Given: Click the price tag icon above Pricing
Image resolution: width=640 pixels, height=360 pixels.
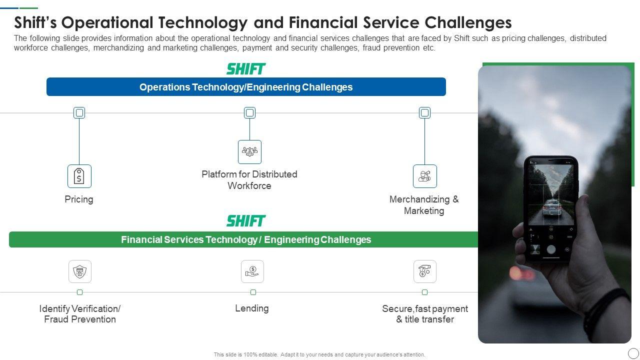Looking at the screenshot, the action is [x=79, y=176].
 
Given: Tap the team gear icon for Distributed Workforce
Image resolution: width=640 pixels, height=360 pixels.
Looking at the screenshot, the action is [x=249, y=151].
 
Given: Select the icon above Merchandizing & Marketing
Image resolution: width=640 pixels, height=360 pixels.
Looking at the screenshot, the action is [x=425, y=176].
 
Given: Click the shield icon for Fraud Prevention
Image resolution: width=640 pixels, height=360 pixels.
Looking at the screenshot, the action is [x=80, y=271].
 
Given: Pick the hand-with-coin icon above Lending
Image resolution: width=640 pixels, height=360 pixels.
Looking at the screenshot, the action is [x=252, y=271].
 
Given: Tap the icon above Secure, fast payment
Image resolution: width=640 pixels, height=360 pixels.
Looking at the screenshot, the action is [x=425, y=271].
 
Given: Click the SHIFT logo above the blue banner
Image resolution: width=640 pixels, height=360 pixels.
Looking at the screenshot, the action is [x=246, y=69].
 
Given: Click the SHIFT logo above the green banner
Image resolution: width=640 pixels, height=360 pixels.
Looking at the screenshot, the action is [x=246, y=221].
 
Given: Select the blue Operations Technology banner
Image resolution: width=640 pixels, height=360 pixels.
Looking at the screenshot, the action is [x=246, y=87].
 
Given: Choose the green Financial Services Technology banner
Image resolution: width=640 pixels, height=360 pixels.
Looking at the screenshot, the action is [x=243, y=239].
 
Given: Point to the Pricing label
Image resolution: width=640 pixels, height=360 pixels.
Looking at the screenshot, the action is [x=79, y=199].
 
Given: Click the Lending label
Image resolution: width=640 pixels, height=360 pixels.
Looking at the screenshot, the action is [x=251, y=308].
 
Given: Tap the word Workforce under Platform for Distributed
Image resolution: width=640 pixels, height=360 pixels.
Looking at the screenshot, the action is [x=249, y=185].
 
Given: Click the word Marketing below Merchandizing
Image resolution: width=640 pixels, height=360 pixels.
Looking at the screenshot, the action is [x=424, y=211].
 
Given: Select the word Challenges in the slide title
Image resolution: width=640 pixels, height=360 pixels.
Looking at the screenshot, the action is [x=468, y=23].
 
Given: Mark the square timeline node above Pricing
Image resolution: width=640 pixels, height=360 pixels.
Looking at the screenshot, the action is [x=79, y=113].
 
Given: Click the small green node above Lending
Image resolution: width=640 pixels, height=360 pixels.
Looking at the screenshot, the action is [x=253, y=292].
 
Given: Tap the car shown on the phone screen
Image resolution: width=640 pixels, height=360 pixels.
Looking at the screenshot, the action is [x=552, y=207].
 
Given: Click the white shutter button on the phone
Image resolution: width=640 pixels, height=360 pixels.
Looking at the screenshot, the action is [x=551, y=249].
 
